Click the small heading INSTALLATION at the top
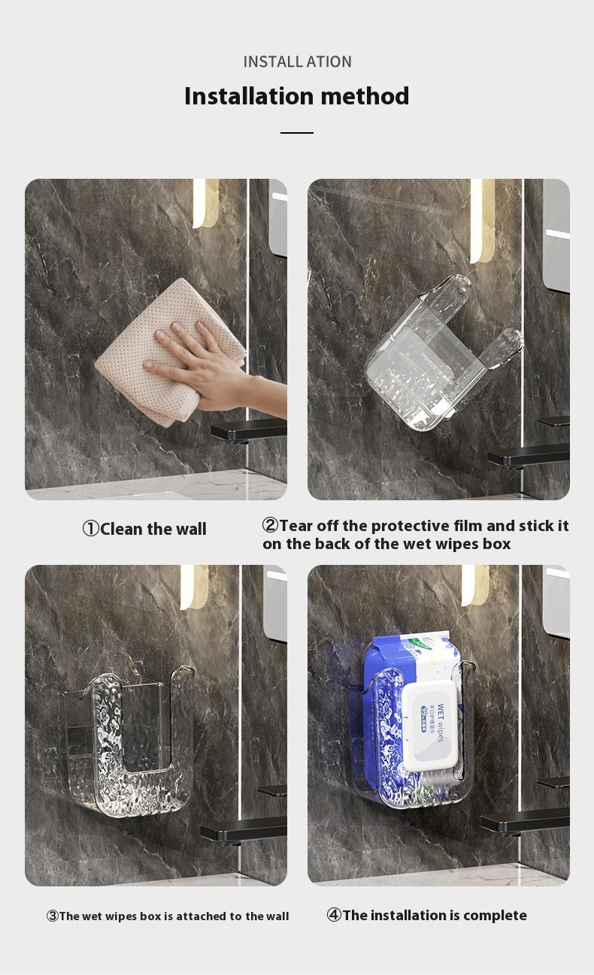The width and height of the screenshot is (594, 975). [297, 62]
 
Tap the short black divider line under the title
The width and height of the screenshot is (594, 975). [297, 133]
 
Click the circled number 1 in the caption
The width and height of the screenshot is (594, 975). [90, 529]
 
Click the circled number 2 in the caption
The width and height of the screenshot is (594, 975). [270, 525]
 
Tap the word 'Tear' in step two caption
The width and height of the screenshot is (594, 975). [296, 525]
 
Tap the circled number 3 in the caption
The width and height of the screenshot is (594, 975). [53, 916]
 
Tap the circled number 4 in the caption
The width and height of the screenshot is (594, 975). [334, 915]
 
